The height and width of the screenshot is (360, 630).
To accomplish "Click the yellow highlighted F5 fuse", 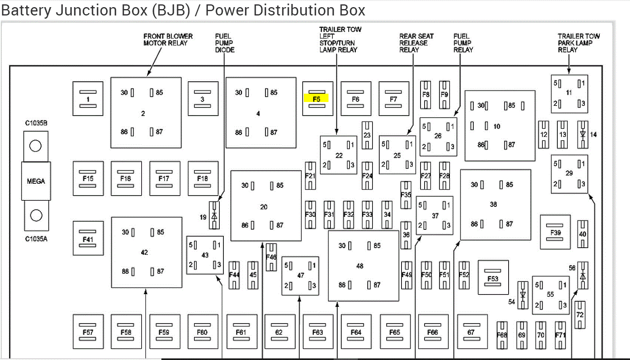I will [317, 99].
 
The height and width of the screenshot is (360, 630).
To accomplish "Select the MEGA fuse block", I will [36, 181].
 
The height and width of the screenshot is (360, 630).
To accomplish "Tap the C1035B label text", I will [36, 123].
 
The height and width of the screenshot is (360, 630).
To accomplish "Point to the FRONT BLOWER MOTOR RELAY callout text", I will [168, 40].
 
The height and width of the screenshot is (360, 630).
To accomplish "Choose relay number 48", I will [363, 266].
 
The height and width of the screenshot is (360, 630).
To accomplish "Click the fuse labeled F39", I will [555, 232].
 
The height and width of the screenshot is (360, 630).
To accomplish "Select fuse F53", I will [493, 277].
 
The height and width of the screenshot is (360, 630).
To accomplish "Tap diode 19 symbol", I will [214, 216].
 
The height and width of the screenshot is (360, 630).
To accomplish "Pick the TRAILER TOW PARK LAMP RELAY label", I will [578, 43].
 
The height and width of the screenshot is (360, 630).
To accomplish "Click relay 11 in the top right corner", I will [569, 94].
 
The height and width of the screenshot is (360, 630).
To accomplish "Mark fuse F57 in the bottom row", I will [88, 332].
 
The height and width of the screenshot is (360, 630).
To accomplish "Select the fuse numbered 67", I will [471, 332].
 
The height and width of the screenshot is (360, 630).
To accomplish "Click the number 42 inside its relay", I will [144, 252].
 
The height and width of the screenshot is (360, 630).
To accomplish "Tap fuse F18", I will [203, 178].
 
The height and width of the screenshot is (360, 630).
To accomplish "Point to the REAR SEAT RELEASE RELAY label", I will [416, 43].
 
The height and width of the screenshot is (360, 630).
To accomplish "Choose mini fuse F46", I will [271, 257].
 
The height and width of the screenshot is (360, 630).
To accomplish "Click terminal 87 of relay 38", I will [506, 224].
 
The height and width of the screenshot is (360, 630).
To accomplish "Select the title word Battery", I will [26, 10].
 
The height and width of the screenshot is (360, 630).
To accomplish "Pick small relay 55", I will [550, 295].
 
